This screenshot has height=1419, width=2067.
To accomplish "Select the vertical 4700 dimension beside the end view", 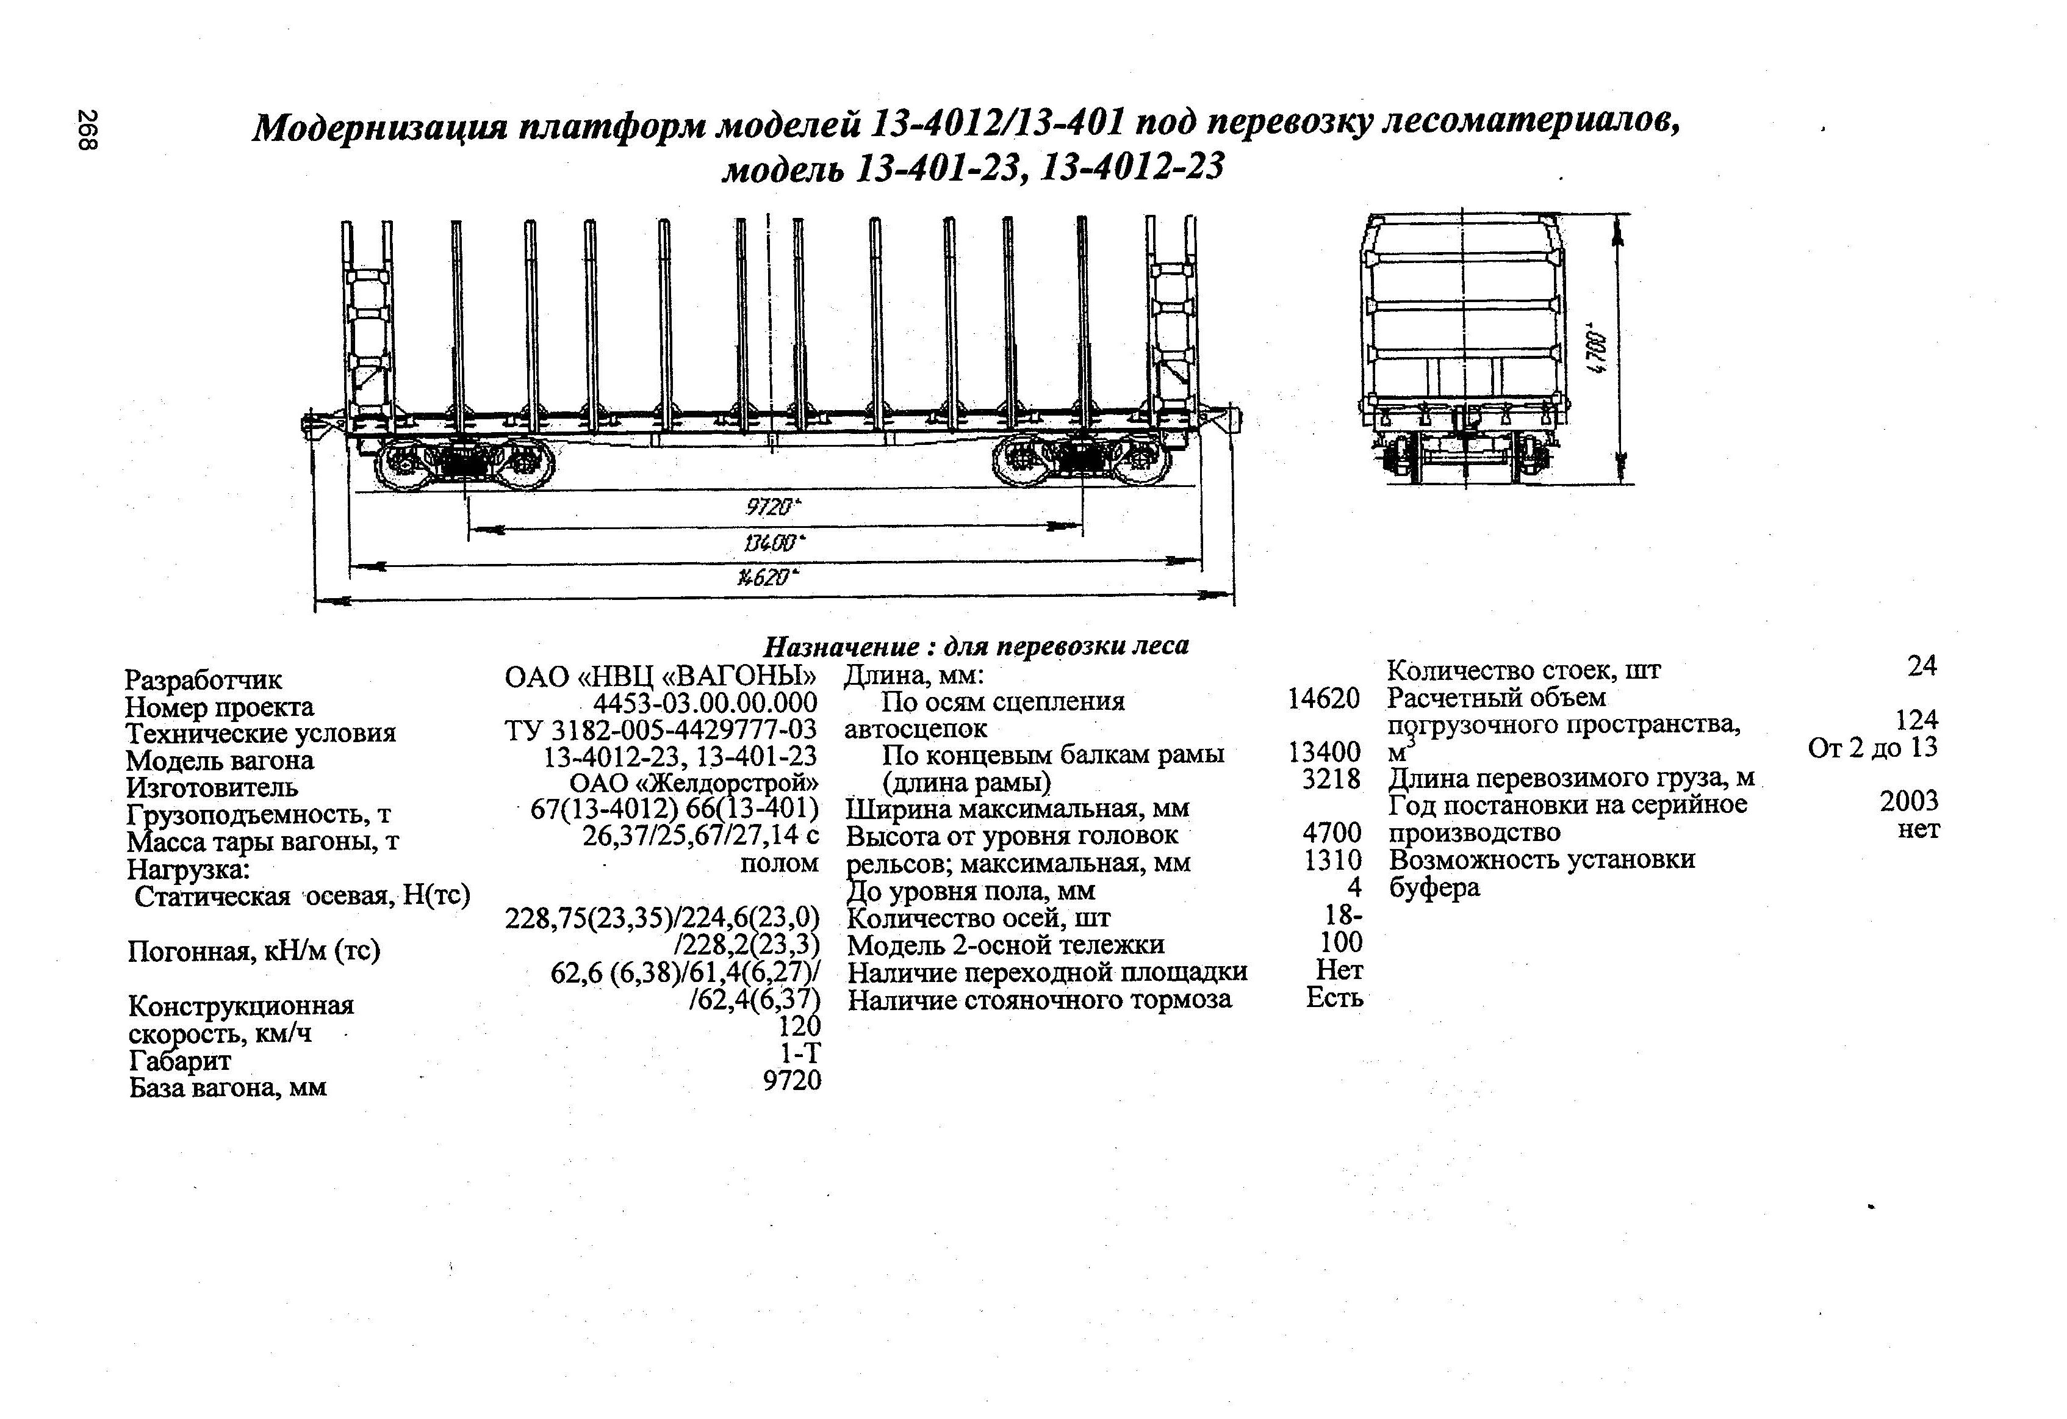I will click(x=1597, y=352).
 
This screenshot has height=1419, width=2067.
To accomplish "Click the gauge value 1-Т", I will click(x=800, y=1053).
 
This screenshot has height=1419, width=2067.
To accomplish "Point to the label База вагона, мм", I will click(x=228, y=1087).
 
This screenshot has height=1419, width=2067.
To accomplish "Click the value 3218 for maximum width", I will click(x=1331, y=779).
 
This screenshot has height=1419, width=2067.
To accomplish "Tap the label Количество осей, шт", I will click(x=979, y=917).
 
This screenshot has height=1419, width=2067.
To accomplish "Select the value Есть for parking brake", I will click(x=1334, y=998).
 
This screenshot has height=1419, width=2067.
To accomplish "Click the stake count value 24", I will click(x=1922, y=666).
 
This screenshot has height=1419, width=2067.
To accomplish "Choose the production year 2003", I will click(x=1909, y=801).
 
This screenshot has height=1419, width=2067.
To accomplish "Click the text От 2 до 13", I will click(x=1872, y=747).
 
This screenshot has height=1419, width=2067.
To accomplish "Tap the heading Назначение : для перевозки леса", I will click(x=976, y=645).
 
